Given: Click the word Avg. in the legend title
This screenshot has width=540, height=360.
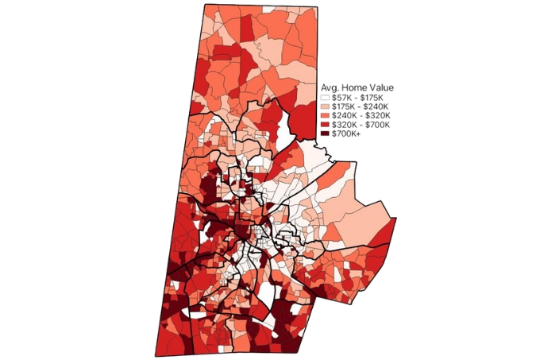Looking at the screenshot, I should coord(330,87).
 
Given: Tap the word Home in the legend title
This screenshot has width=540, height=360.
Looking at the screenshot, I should coord(355,87).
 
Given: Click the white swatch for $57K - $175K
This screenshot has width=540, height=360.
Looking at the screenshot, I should coord(325,97).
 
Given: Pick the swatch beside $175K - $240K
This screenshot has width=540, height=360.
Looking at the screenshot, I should coord(325,106).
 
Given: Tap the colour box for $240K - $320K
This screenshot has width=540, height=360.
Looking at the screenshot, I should coord(325,116).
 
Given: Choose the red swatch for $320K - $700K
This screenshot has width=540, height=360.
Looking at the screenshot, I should coord(325,126).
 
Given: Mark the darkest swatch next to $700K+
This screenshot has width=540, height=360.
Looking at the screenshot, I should coord(325,135).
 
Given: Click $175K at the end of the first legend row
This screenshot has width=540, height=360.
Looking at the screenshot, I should coord(372,97).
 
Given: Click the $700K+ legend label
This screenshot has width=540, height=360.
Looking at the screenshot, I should coord(347,135).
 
